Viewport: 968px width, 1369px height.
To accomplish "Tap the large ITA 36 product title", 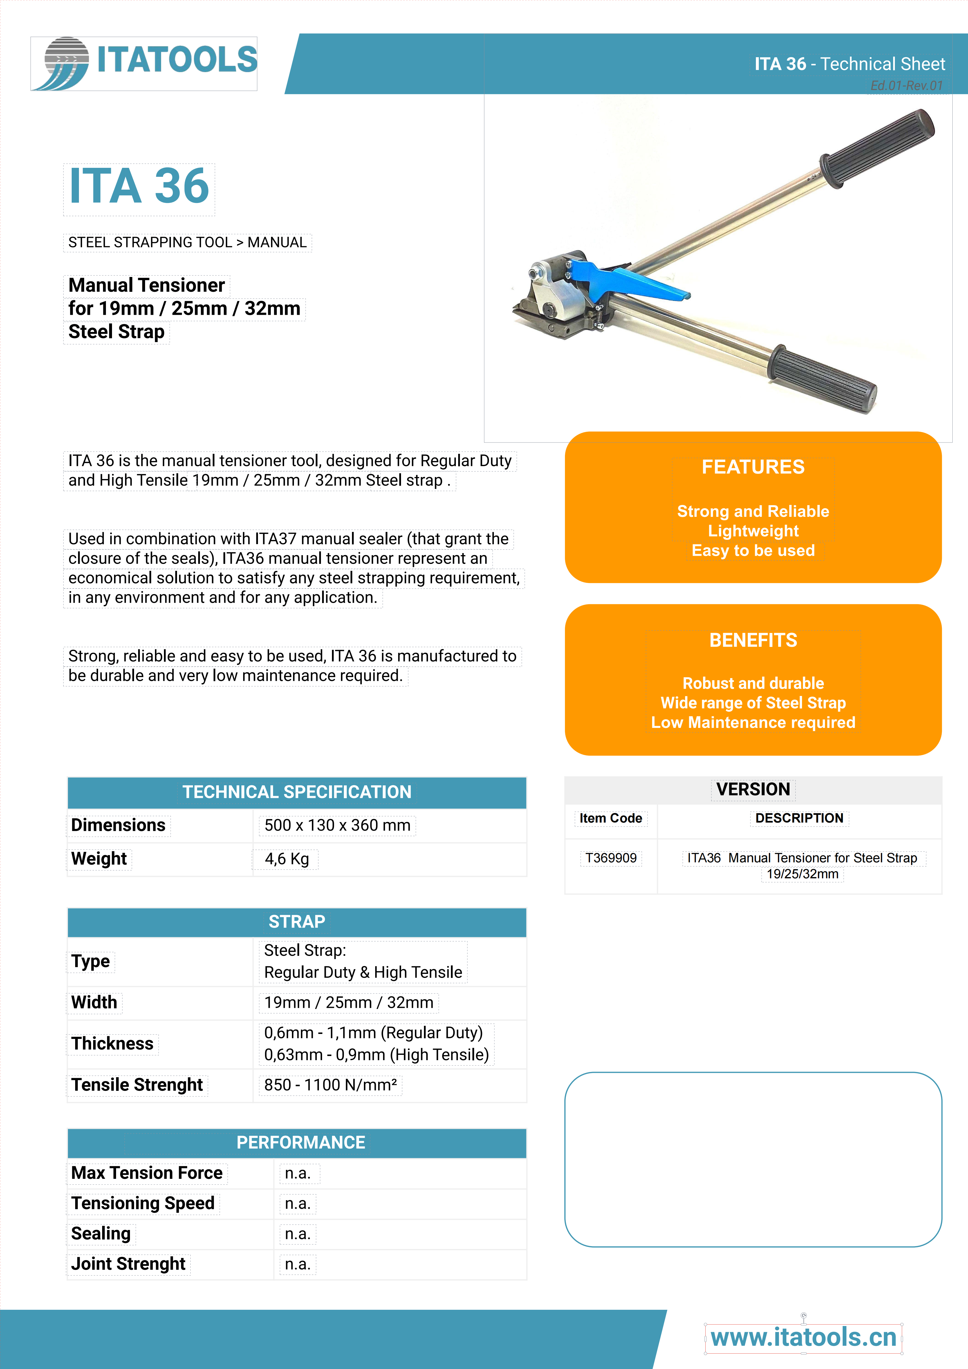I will (x=139, y=187).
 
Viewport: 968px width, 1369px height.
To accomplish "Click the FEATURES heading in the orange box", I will (x=753, y=467).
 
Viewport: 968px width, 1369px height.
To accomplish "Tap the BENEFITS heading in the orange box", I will (x=753, y=641).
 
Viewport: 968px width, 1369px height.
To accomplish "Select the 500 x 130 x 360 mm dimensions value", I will (x=337, y=825).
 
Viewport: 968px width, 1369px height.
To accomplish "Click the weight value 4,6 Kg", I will (x=287, y=859).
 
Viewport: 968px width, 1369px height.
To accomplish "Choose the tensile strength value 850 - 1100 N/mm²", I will (x=330, y=1084).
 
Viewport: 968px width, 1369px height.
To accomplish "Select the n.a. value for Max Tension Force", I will (x=297, y=1173).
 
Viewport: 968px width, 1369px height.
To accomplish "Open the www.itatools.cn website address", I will (x=803, y=1337).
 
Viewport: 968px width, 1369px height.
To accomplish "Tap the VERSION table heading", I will (x=753, y=789).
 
